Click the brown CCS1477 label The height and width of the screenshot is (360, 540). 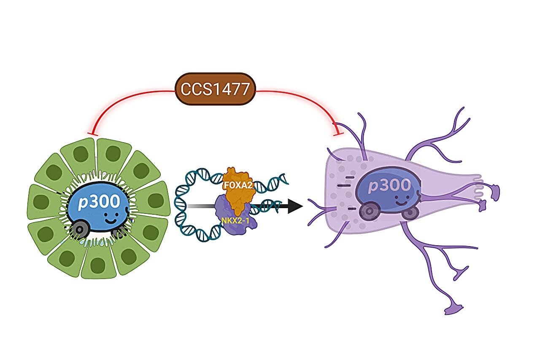215,89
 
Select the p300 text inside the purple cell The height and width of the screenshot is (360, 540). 389,185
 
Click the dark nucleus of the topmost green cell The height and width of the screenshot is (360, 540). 113,153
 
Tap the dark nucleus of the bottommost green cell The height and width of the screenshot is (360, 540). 98,265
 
